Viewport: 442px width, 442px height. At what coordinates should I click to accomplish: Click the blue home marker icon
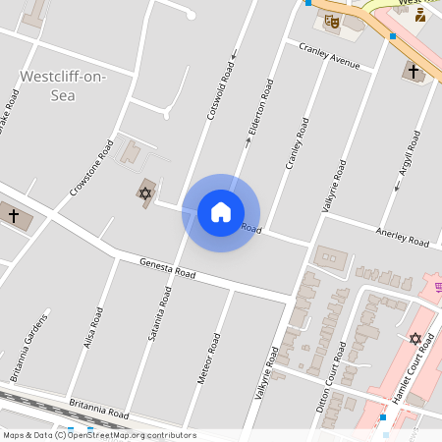tap(221, 212)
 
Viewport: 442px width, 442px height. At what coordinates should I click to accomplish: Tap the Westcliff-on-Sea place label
tap(63, 84)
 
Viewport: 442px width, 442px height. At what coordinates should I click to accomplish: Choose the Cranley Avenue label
tap(329, 57)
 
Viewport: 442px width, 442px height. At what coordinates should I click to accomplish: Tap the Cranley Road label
tap(297, 142)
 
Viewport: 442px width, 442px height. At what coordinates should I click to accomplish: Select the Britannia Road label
tap(99, 408)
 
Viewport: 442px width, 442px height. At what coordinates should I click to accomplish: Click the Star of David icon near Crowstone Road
tap(145, 193)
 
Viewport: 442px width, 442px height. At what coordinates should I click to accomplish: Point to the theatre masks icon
tap(331, 19)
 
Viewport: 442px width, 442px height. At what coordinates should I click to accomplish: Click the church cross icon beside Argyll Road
tap(414, 71)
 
